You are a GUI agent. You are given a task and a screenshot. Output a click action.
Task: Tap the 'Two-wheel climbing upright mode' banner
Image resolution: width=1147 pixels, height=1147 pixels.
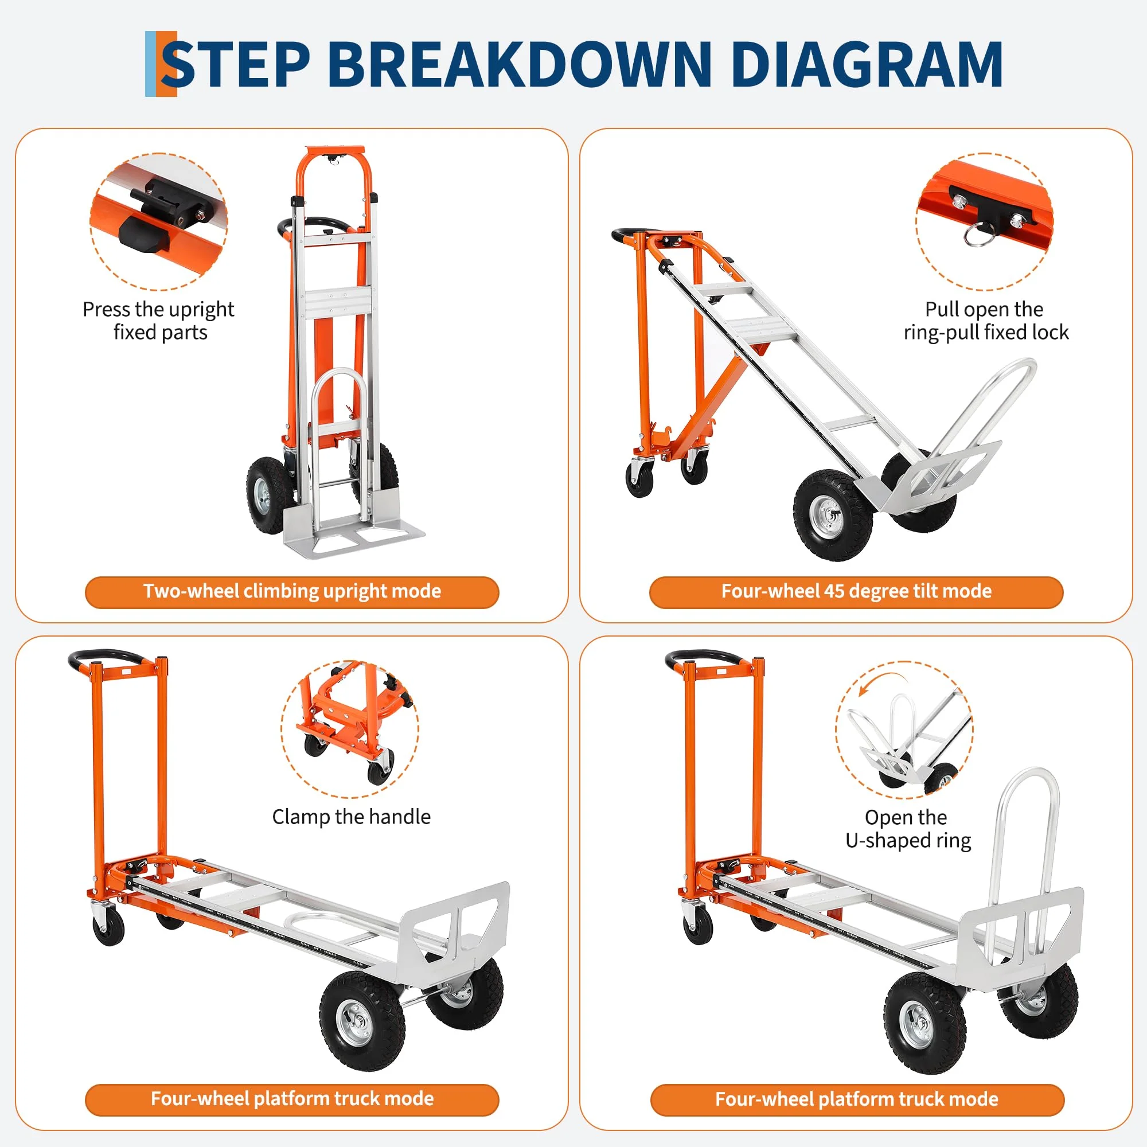coord(292,592)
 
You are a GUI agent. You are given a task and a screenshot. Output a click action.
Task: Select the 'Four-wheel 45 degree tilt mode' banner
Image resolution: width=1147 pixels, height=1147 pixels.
coord(856,592)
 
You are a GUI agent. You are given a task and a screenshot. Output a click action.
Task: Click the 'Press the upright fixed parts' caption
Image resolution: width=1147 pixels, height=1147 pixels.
coord(158,321)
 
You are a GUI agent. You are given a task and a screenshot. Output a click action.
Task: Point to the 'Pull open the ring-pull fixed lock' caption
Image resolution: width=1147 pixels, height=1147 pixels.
coord(985,321)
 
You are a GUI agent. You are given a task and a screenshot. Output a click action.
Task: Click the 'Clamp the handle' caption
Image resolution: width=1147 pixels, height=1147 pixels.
coord(352,817)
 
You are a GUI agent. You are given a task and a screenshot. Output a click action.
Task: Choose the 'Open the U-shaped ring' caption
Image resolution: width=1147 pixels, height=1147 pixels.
coord(908,829)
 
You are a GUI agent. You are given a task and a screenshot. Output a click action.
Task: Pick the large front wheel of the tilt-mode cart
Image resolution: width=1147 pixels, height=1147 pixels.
coord(833,516)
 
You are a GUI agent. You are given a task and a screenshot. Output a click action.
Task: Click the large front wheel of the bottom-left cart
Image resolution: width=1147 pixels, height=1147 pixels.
coord(364,1021)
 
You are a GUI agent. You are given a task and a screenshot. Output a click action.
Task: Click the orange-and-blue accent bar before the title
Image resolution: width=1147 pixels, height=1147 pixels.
coord(161,64)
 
